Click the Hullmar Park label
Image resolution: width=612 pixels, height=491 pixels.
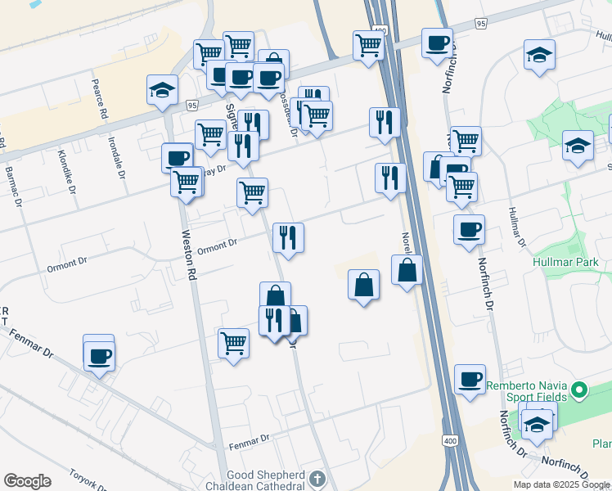click(x=571, y=262)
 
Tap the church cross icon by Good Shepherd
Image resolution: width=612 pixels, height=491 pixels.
click(x=317, y=478)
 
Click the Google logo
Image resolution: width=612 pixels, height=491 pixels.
click(x=27, y=481)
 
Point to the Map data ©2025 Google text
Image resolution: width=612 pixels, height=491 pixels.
click(x=561, y=484)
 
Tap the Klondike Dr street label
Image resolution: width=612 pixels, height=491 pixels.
click(x=68, y=166)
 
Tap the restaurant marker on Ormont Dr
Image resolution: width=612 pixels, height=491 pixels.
click(x=287, y=237)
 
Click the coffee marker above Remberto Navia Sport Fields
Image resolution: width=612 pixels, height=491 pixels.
click(x=470, y=379)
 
